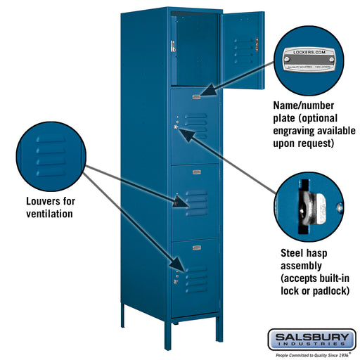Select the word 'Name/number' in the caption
(304, 105)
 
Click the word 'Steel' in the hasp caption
(294, 252)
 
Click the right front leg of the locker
(172, 330)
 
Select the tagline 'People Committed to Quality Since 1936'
(311, 356)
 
